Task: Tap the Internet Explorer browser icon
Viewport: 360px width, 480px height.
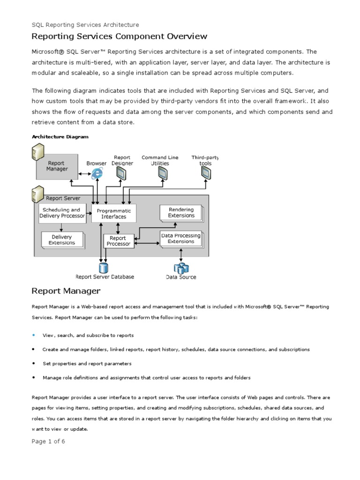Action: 97,173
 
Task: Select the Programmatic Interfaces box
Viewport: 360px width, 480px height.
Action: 114,214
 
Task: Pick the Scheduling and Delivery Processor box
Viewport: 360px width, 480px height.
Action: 62,213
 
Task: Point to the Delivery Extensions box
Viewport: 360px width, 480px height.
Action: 61,240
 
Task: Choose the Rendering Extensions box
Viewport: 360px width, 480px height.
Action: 181,213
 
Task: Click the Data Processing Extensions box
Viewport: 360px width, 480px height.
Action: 180,239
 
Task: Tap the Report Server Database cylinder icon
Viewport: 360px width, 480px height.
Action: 103,268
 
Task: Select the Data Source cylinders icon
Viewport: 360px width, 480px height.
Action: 181,268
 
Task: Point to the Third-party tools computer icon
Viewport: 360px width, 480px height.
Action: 205,173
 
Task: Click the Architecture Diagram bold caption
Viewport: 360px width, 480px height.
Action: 60,137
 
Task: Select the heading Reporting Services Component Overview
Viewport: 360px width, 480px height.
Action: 119,37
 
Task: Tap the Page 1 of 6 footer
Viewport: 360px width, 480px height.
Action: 48,442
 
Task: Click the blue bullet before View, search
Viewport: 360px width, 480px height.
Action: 34,336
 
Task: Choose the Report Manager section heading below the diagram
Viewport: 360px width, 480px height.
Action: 66,291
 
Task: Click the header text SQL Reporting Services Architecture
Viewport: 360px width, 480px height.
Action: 85,25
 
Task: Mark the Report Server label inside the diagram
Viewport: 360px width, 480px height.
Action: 63,198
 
